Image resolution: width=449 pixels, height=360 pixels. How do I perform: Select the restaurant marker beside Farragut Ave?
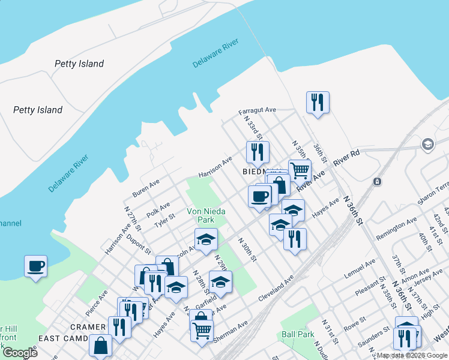pos(317,103)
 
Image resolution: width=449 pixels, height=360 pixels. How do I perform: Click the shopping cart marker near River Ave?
pos(300,170)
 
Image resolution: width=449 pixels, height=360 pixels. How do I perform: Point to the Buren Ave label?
pos(146,188)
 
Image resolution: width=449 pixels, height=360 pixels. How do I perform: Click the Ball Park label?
pos(298,334)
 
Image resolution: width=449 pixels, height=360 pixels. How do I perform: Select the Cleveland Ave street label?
pos(276,289)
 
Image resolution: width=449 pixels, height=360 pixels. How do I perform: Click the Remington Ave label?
pos(396,229)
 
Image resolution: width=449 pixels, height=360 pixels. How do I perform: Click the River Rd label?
pos(346,157)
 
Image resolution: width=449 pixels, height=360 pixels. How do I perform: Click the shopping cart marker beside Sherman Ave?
pos(202,329)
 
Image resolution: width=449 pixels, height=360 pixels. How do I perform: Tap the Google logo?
pos(19,353)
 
